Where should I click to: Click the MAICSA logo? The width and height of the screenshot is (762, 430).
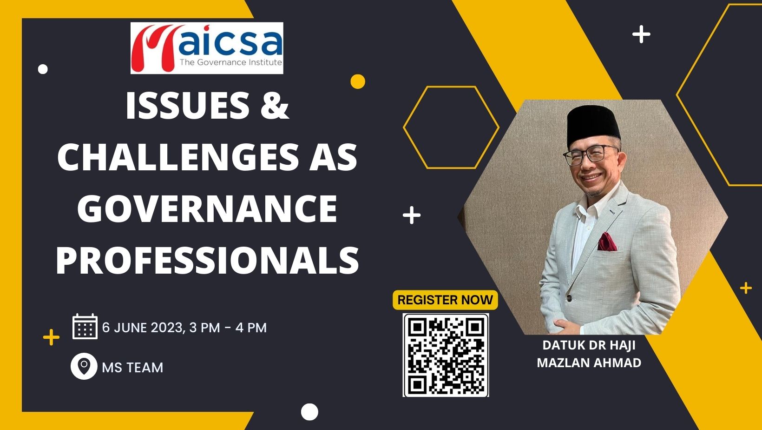[207, 48]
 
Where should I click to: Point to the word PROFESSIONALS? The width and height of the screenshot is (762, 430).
[207, 260]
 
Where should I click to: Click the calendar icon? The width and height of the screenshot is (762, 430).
[85, 326]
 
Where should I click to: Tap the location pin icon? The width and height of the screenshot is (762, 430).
[84, 366]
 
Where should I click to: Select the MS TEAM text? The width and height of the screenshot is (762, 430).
[133, 368]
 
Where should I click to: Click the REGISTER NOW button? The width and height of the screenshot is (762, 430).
[445, 300]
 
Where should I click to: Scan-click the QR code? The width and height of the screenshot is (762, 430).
[446, 355]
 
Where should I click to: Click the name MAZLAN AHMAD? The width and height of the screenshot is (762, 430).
[589, 363]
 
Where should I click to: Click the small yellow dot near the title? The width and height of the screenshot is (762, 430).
[357, 81]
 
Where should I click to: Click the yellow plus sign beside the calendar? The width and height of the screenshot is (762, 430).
[52, 337]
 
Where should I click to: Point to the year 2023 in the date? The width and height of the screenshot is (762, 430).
[167, 328]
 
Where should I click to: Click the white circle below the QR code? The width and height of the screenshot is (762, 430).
[309, 412]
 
